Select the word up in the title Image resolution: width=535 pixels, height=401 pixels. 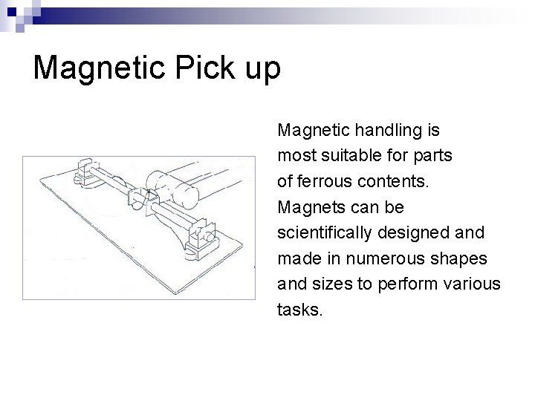pyautogui.click(x=260, y=71)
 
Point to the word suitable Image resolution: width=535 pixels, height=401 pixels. pyautogui.click(x=348, y=157)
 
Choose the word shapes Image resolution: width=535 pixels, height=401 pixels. pyautogui.click(x=460, y=259)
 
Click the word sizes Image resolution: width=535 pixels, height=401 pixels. pyautogui.click(x=329, y=284)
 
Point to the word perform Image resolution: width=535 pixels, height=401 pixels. pyautogui.click(x=400, y=284)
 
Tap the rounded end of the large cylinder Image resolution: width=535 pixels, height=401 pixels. pyautogui.click(x=160, y=184)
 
